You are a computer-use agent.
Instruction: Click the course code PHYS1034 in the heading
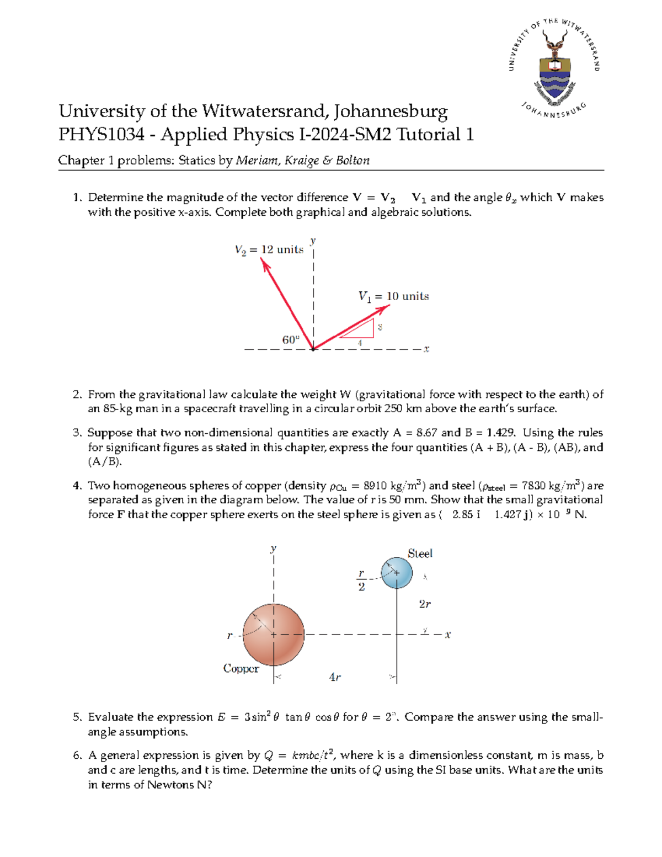tap(102, 135)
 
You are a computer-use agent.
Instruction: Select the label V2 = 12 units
tap(269, 250)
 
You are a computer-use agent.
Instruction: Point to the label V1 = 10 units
tap(393, 296)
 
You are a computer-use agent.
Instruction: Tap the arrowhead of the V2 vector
tap(265, 265)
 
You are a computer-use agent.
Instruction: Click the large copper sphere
tap(274, 635)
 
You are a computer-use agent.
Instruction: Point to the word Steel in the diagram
tap(420, 553)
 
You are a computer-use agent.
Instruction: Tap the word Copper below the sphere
tap(241, 668)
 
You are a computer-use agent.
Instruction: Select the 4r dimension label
tap(335, 677)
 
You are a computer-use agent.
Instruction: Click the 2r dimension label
tap(424, 604)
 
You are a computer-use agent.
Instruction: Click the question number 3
tap(77, 433)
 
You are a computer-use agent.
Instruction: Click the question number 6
tap(77, 756)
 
